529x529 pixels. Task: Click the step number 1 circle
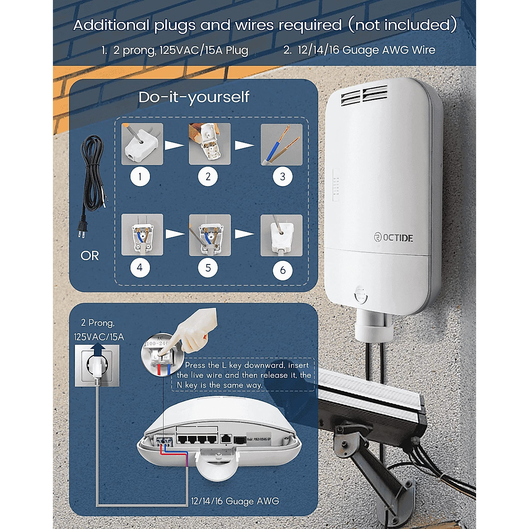click(x=140, y=177)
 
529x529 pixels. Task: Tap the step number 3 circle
click(x=283, y=177)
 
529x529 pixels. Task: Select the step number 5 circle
click(x=208, y=268)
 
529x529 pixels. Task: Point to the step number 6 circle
click(x=283, y=270)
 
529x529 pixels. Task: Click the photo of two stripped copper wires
click(x=282, y=144)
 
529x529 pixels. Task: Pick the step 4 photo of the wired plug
click(x=142, y=235)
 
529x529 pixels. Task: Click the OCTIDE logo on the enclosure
click(x=391, y=238)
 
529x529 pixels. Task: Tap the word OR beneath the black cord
click(x=90, y=256)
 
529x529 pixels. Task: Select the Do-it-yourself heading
click(x=194, y=97)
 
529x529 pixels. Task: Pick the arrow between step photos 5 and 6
click(x=245, y=234)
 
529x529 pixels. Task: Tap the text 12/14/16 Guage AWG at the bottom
click(x=235, y=501)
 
